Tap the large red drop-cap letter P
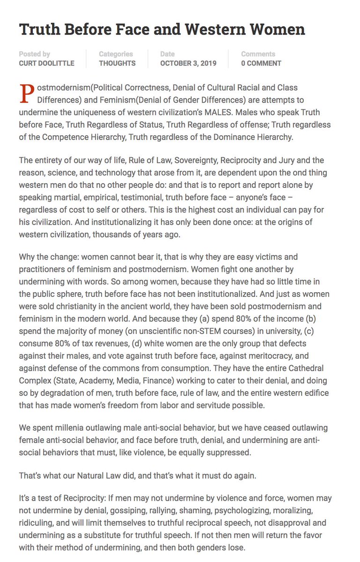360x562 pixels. coord(27,94)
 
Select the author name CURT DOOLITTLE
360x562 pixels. coord(46,63)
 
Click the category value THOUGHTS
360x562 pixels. coord(117,63)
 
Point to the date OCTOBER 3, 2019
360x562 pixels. coord(188,63)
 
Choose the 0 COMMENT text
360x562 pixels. coord(261,63)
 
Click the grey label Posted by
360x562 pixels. coord(35,54)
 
